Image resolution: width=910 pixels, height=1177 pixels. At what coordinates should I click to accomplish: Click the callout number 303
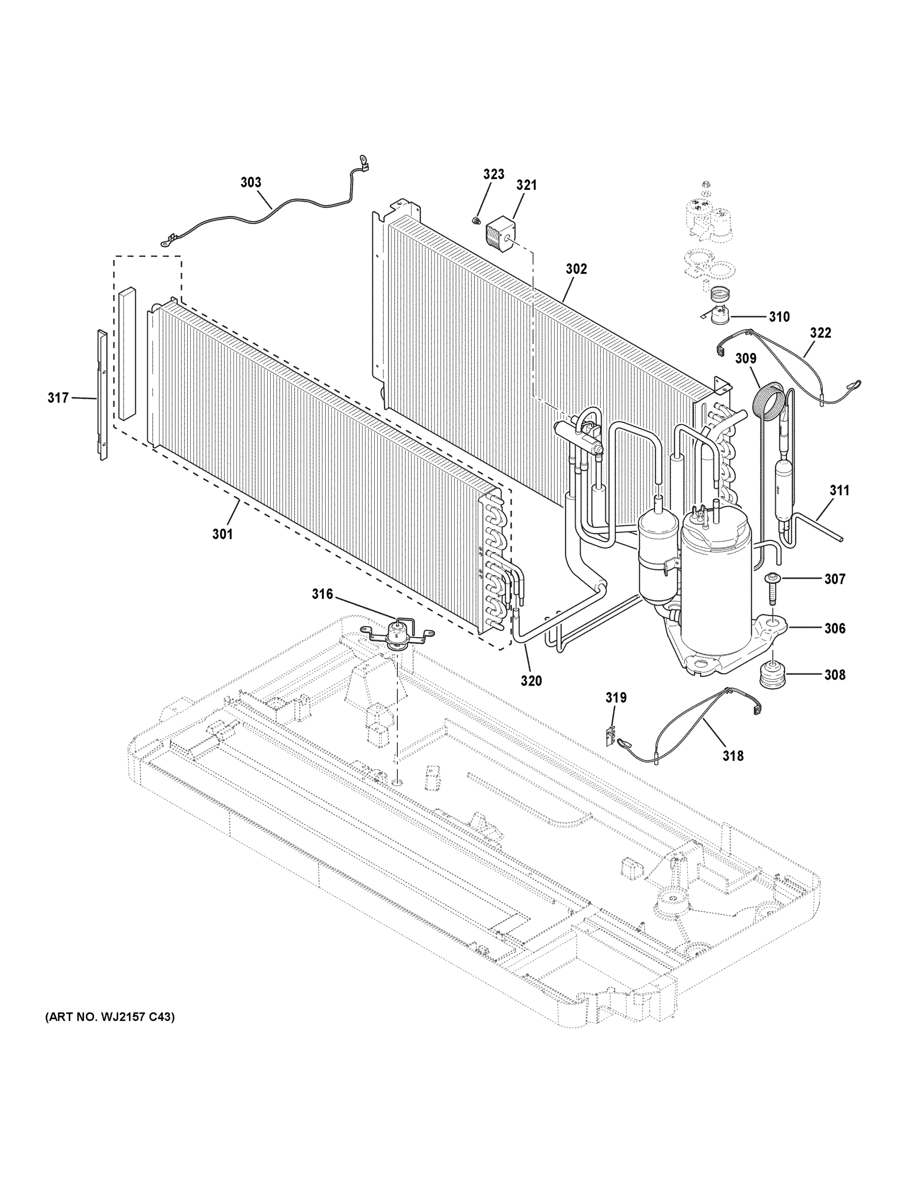pos(251,182)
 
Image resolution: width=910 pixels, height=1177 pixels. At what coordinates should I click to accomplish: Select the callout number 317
pos(58,398)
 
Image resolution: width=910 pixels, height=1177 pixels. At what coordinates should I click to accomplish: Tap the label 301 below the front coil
pos(222,534)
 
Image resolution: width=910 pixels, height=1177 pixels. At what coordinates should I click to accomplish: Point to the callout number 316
pos(322,594)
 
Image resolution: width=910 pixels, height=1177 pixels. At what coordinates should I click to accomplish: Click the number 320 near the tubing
pos(531,681)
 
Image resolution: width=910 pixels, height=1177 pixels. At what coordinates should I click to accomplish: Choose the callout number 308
pos(834,674)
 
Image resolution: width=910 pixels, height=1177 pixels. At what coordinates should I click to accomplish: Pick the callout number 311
pos(839,490)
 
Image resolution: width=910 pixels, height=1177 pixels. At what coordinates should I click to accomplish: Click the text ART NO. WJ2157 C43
pos(109,1017)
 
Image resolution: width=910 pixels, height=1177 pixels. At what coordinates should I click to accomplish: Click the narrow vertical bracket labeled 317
pos(102,395)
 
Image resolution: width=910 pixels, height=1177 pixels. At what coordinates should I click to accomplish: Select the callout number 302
pos(576,268)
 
